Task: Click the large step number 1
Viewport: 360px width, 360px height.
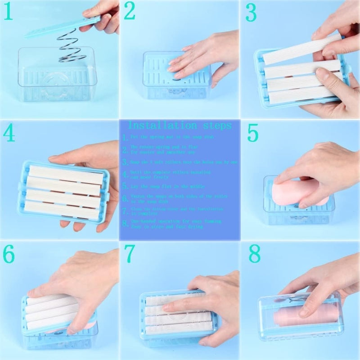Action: click(8, 13)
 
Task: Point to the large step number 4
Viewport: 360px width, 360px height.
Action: click(9, 133)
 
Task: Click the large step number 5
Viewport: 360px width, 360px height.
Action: click(253, 133)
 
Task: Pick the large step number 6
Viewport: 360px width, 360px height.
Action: click(9, 255)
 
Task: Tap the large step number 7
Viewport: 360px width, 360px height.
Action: click(130, 254)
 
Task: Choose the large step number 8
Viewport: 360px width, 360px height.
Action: click(255, 254)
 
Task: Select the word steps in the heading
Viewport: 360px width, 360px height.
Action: click(215, 125)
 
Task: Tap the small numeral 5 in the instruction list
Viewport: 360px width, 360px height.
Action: click(125, 185)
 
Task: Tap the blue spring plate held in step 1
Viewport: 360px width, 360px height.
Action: click(61, 27)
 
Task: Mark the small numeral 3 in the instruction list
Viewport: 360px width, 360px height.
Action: click(125, 162)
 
